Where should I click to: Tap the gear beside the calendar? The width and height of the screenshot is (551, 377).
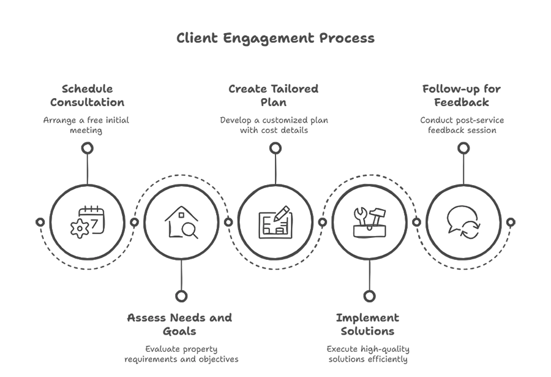80,229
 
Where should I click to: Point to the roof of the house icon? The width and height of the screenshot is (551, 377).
182,213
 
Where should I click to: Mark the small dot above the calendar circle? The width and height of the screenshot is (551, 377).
87,148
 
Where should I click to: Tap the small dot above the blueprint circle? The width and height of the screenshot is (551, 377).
275,148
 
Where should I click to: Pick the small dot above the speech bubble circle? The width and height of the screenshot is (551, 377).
463,148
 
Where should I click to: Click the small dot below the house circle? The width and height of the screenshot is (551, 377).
181,296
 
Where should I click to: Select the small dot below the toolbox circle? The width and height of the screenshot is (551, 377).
369,296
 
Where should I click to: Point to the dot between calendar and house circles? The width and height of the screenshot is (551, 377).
134,222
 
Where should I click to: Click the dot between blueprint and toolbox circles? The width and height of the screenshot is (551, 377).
323,222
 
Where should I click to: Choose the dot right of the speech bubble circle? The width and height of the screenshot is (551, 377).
511,221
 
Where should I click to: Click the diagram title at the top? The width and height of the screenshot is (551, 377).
275,38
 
